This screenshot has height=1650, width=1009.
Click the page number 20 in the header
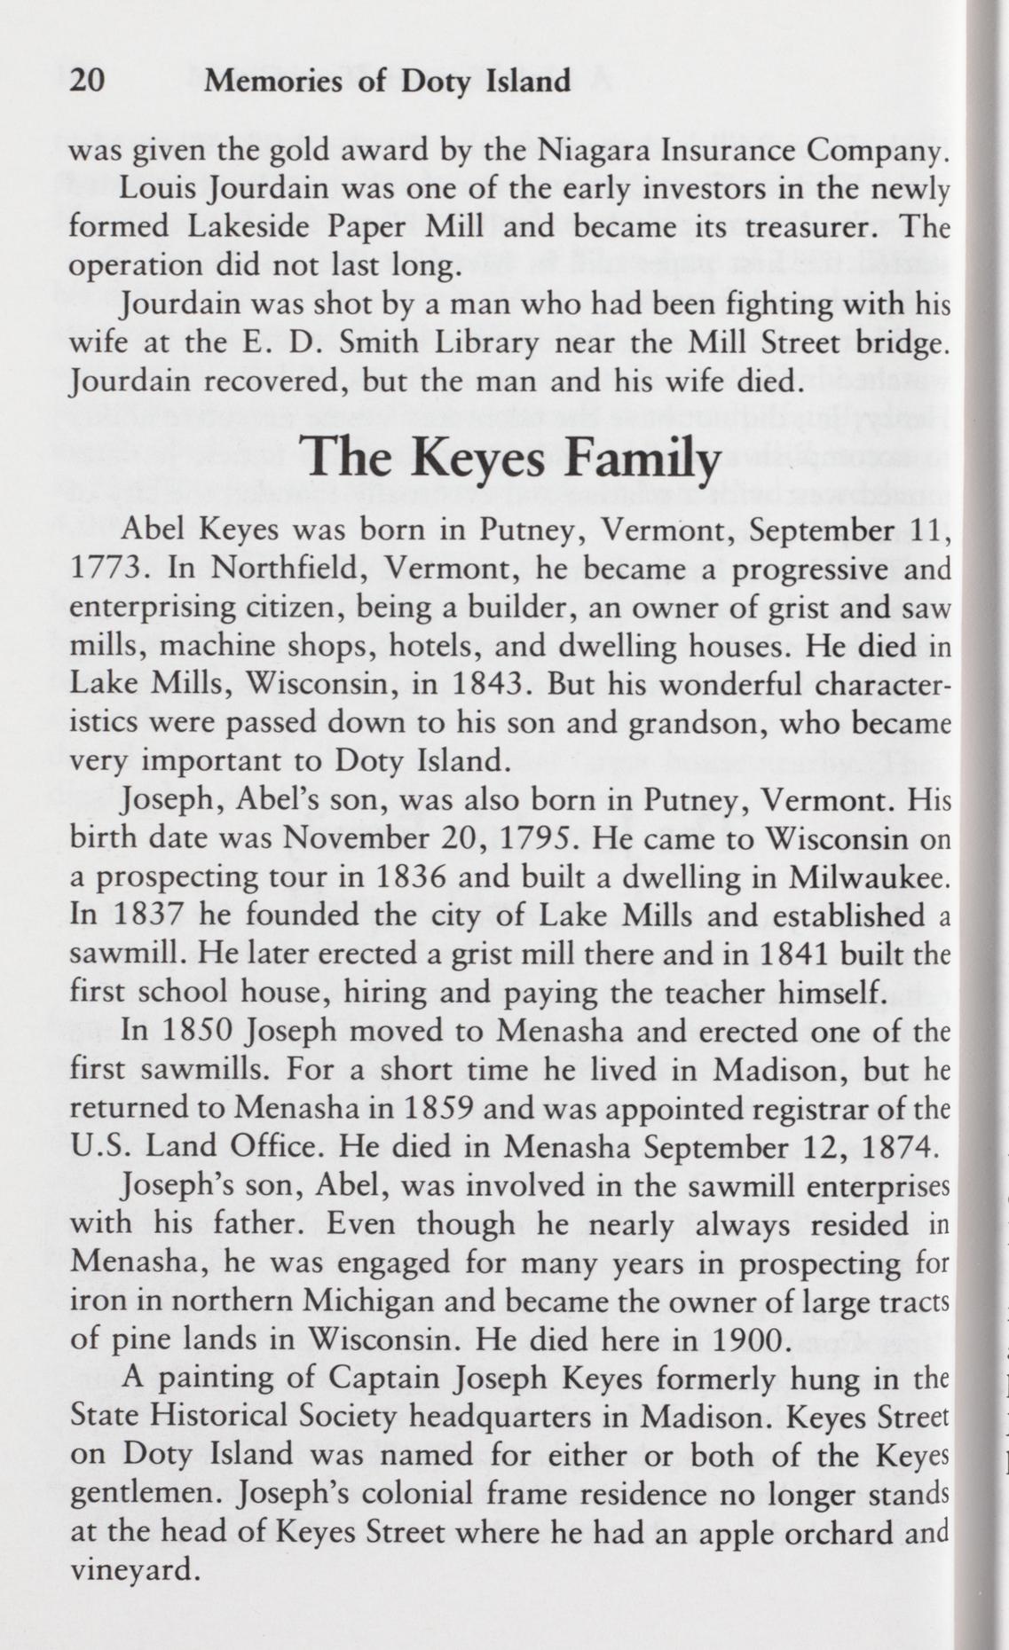point(87,82)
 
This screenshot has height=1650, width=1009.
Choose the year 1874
point(896,1148)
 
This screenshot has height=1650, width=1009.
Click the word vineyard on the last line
point(132,1571)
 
